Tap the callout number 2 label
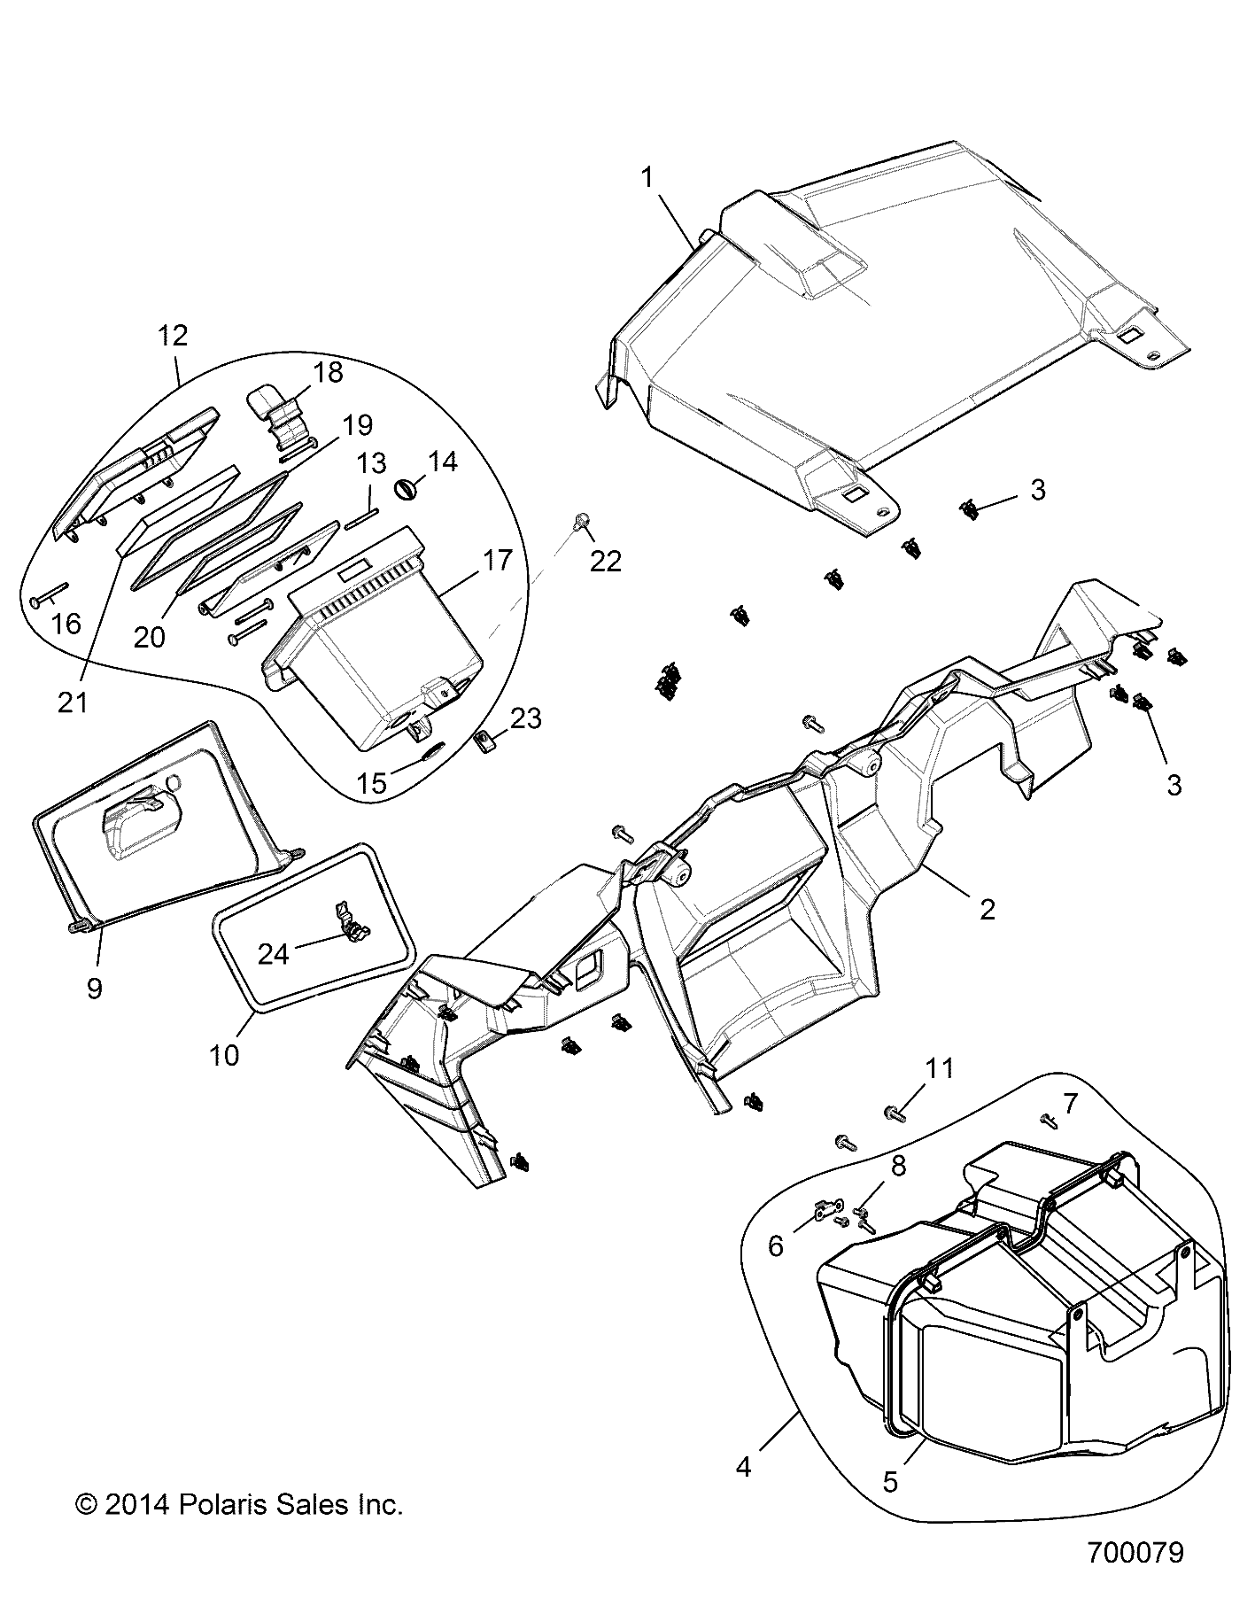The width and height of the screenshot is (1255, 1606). click(x=986, y=909)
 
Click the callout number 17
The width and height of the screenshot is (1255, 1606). click(x=498, y=559)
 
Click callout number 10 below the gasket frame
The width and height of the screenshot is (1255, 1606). click(x=224, y=1055)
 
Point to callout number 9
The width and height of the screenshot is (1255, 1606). click(x=94, y=988)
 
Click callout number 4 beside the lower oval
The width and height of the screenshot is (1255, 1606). click(x=743, y=1467)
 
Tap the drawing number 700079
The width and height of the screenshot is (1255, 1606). click(x=1135, y=1578)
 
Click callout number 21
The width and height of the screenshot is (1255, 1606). click(x=73, y=702)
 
